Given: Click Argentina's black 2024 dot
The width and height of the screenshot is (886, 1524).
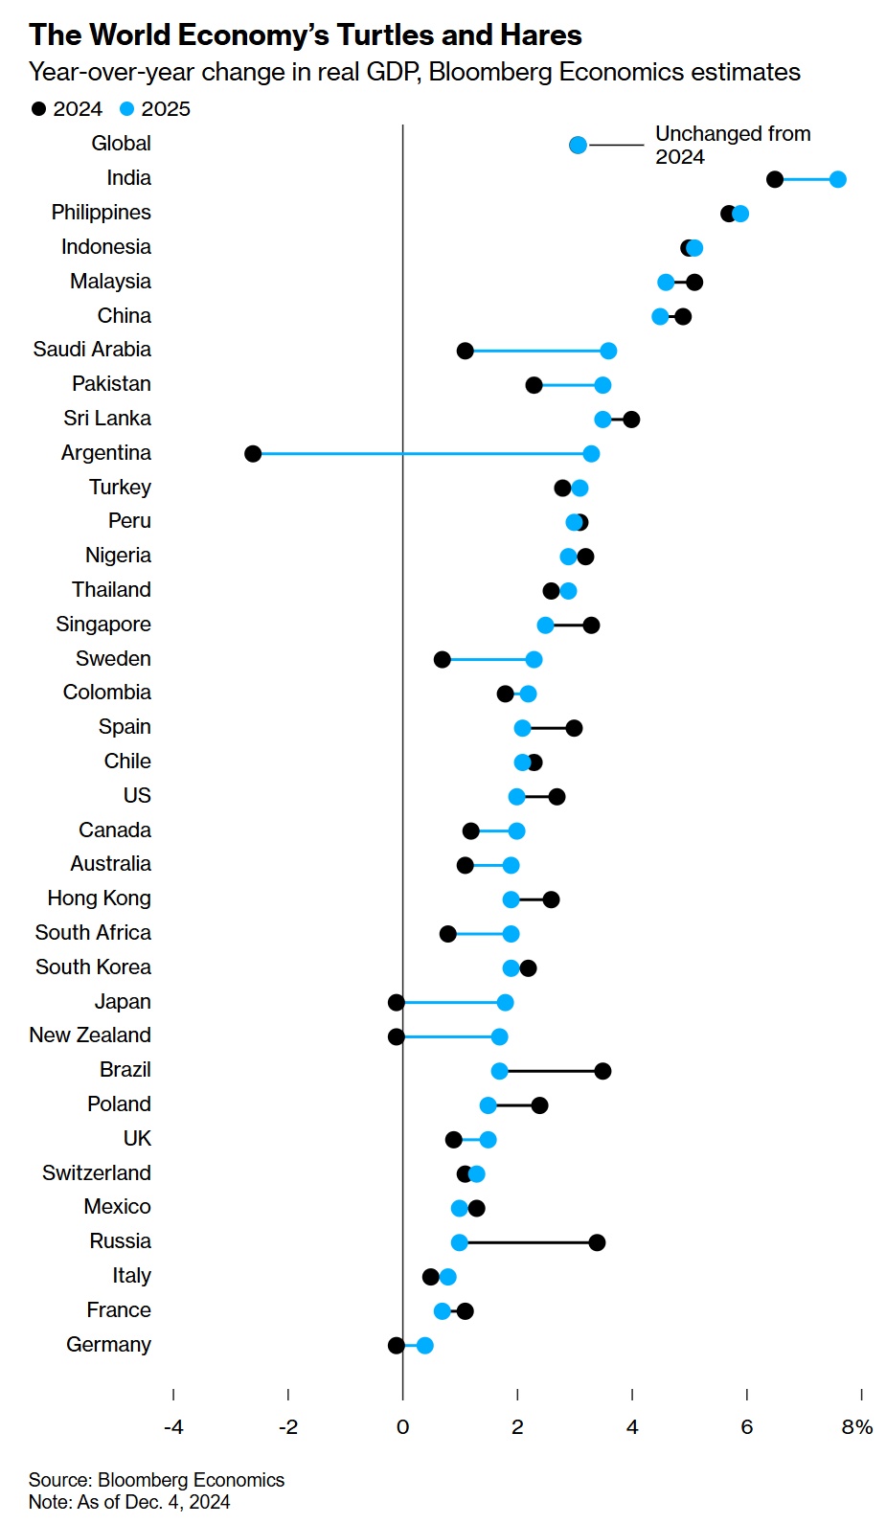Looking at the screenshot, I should click(253, 454).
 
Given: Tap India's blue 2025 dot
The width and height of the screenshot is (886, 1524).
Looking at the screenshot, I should click(838, 179).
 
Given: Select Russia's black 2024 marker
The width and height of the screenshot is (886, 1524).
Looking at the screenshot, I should click(597, 1243).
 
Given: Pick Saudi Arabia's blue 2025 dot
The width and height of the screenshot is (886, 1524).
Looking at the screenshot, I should click(608, 351).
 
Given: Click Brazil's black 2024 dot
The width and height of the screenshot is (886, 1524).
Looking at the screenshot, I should click(602, 1071).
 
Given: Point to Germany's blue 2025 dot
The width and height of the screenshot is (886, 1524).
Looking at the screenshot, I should click(424, 1346).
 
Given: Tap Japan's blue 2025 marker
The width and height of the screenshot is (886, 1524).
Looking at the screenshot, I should click(505, 1003).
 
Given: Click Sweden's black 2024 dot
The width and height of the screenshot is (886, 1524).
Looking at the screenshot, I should click(442, 660).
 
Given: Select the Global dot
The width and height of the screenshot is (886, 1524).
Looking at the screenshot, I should click(578, 145).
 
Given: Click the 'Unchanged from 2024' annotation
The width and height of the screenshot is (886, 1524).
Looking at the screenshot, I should click(732, 146).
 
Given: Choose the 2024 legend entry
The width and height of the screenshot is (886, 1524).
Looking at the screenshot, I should click(67, 109).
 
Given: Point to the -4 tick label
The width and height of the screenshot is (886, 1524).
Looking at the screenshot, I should click(173, 1427).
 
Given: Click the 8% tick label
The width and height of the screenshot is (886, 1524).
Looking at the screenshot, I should click(857, 1427).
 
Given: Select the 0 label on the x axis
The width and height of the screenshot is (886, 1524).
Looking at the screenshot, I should click(402, 1427).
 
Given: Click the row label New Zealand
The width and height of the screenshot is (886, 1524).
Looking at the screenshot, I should click(90, 1035).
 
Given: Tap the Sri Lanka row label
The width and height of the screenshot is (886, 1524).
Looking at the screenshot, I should click(107, 419).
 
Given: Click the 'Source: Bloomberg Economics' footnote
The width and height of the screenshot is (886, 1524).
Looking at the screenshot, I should click(156, 1480).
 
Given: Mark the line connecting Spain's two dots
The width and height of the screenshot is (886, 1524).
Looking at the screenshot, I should click(548, 729).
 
